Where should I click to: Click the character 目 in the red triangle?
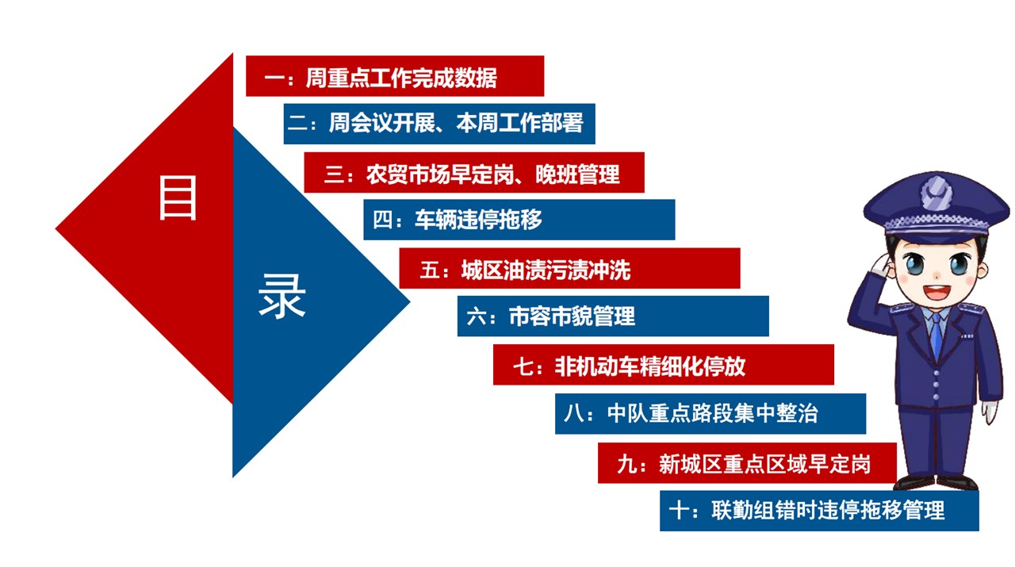(178, 197)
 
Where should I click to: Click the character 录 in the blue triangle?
(282, 296)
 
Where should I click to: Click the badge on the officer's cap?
(936, 193)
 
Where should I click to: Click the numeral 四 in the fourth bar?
(381, 220)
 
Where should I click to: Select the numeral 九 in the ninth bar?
(627, 464)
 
